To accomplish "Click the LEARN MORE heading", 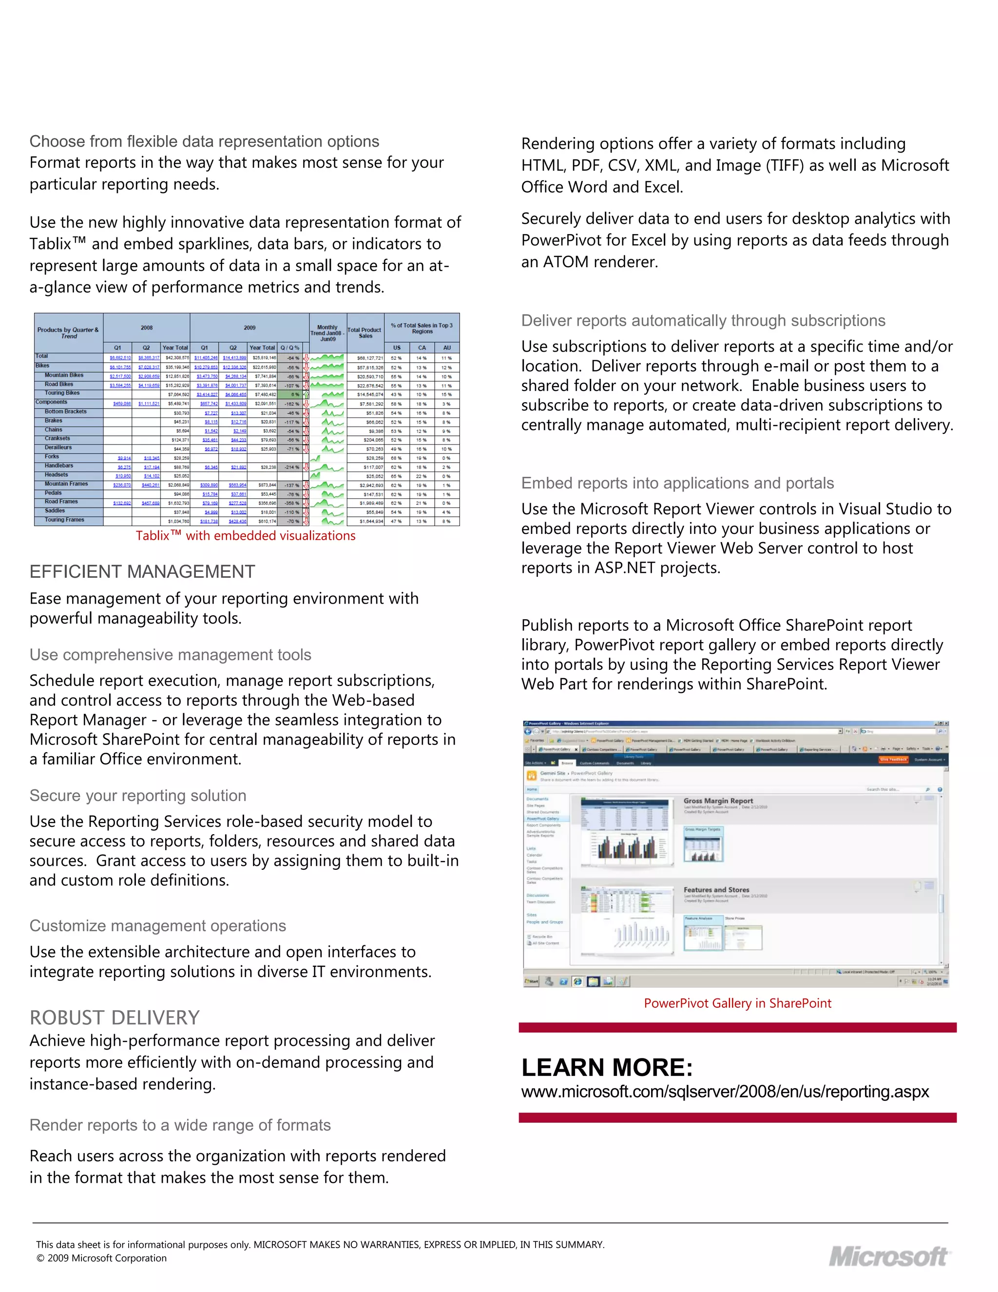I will [x=607, y=1067].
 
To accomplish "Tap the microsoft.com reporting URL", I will [x=725, y=1092].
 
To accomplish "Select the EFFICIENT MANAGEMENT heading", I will [x=142, y=571].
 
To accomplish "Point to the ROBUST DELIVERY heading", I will [x=115, y=1018].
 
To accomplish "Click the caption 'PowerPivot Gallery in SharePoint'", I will [x=737, y=1003].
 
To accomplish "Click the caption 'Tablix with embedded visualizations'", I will [x=246, y=535].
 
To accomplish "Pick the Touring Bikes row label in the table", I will [x=62, y=393].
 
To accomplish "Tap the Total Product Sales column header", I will [x=365, y=333].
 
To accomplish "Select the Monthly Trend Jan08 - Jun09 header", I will [x=327, y=333].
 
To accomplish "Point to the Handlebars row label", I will [x=59, y=466].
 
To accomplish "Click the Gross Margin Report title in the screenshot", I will [x=718, y=801].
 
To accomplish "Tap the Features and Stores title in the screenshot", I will [x=716, y=890].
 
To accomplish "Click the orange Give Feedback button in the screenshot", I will [x=893, y=760].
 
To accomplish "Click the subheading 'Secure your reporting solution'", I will [x=138, y=796].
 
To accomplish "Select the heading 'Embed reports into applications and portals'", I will [x=677, y=483].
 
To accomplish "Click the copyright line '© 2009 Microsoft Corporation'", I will [x=102, y=1258].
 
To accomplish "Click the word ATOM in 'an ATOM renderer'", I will [x=566, y=262].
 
